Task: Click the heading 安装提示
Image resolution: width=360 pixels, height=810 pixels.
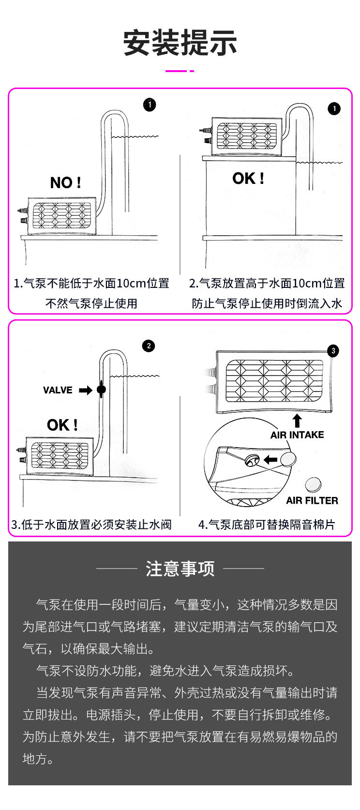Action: (180, 43)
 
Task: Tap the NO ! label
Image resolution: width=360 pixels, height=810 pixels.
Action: (65, 182)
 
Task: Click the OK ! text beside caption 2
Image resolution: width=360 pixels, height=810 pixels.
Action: (248, 178)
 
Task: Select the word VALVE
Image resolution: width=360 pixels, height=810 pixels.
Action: (58, 390)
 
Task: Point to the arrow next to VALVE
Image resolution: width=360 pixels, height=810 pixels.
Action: (86, 390)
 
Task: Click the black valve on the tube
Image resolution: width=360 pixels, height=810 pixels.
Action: (101, 390)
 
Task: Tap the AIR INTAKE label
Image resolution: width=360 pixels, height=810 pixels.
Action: (297, 435)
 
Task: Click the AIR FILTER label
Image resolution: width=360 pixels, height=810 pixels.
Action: (312, 500)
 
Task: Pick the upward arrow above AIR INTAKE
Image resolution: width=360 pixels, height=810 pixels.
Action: (297, 420)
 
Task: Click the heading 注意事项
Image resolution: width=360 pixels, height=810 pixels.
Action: (180, 569)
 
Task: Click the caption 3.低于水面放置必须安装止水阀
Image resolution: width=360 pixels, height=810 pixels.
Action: (91, 525)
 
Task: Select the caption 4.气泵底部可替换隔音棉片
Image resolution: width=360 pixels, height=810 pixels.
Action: (267, 525)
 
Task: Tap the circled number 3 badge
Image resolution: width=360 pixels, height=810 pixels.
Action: (333, 351)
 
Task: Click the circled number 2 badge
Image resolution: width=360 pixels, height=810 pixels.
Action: (149, 346)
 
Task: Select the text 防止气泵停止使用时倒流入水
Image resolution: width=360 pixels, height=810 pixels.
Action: (267, 303)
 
